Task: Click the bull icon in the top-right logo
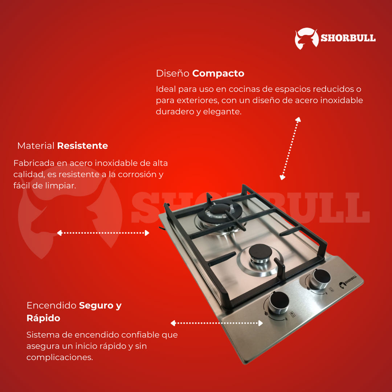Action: point(306,38)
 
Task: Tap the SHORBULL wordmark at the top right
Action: point(348,38)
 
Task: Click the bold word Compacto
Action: point(218,73)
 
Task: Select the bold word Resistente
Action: point(82,146)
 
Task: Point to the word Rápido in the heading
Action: point(43,318)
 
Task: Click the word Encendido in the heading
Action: point(52,306)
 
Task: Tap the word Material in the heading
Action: point(36,146)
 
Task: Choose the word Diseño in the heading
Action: point(172,73)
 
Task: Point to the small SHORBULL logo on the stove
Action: point(348,285)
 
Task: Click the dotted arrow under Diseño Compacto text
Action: point(290,148)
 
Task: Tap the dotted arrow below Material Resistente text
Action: point(103,233)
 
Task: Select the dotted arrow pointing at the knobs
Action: point(217,323)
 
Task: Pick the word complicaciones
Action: point(60,357)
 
